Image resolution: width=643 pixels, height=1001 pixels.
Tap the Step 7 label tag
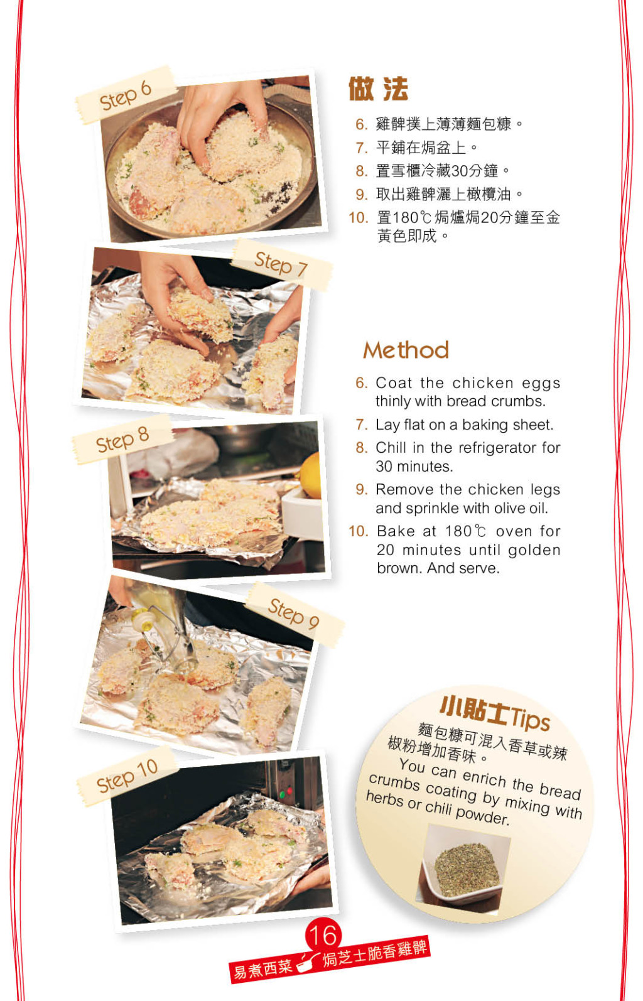tap(281, 264)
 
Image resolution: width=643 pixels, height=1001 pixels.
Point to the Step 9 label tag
tap(294, 614)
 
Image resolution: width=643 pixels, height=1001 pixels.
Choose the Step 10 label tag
tap(127, 777)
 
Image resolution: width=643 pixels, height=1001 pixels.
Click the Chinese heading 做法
tap(378, 89)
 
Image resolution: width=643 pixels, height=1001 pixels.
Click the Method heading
tap(406, 350)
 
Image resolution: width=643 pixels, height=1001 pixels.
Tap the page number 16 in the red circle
tap(323, 936)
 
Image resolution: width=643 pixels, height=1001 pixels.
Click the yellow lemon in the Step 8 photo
tap(311, 475)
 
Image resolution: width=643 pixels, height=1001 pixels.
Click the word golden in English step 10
tap(534, 549)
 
